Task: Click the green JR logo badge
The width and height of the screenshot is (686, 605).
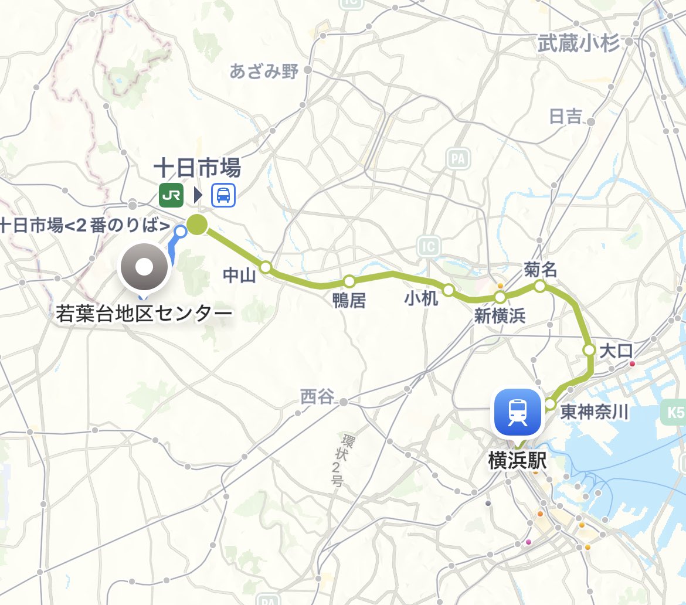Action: tap(171, 195)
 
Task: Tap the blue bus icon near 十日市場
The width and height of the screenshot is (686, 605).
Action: tap(223, 195)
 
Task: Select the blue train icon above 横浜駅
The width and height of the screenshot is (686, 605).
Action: tap(518, 412)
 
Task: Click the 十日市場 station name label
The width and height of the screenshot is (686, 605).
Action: tap(197, 169)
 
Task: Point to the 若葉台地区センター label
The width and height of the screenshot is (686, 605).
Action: tap(144, 315)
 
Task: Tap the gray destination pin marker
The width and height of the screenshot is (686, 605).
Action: tap(144, 268)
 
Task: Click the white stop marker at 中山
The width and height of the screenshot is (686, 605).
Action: tap(266, 267)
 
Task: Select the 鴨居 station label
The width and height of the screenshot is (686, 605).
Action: tap(349, 301)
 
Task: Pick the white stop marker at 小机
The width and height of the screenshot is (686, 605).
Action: tap(449, 290)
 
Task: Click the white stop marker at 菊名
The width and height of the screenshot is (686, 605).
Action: tap(539, 286)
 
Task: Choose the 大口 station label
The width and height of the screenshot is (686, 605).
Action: tap(617, 351)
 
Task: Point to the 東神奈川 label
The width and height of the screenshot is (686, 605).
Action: tap(595, 412)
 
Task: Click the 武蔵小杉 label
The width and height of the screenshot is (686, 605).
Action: tap(579, 43)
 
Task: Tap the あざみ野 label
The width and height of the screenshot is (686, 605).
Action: tap(264, 72)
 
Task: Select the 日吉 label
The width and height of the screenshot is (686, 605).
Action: tap(565, 117)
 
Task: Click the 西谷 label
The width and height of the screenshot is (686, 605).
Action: tap(317, 397)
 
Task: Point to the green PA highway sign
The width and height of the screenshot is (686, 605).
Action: tap(458, 158)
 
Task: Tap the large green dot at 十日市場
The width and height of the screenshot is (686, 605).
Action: tap(198, 224)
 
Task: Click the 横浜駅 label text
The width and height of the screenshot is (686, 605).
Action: tap(517, 461)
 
